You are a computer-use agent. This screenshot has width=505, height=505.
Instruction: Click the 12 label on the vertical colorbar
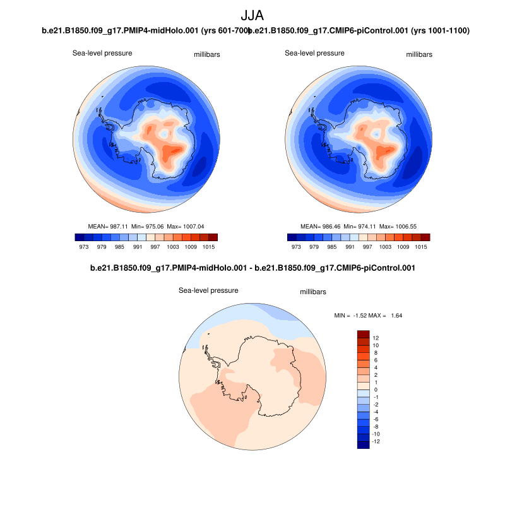(x=376, y=338)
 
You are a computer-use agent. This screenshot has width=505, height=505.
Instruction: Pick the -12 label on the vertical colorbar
(x=376, y=441)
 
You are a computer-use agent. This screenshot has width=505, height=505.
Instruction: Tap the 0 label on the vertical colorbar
(x=376, y=390)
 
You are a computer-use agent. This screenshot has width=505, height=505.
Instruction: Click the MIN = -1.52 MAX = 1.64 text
(x=368, y=315)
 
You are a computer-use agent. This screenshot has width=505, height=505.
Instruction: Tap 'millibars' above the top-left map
(x=206, y=55)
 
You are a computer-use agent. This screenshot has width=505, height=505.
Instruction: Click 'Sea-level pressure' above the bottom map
(x=208, y=291)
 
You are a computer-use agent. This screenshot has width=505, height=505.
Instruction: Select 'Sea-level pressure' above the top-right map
(x=314, y=54)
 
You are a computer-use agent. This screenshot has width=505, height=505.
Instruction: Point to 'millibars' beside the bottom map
(x=312, y=292)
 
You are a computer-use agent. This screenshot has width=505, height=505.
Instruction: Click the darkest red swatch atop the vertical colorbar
(x=363, y=334)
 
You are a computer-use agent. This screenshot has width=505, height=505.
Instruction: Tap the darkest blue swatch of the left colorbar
(x=80, y=237)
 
